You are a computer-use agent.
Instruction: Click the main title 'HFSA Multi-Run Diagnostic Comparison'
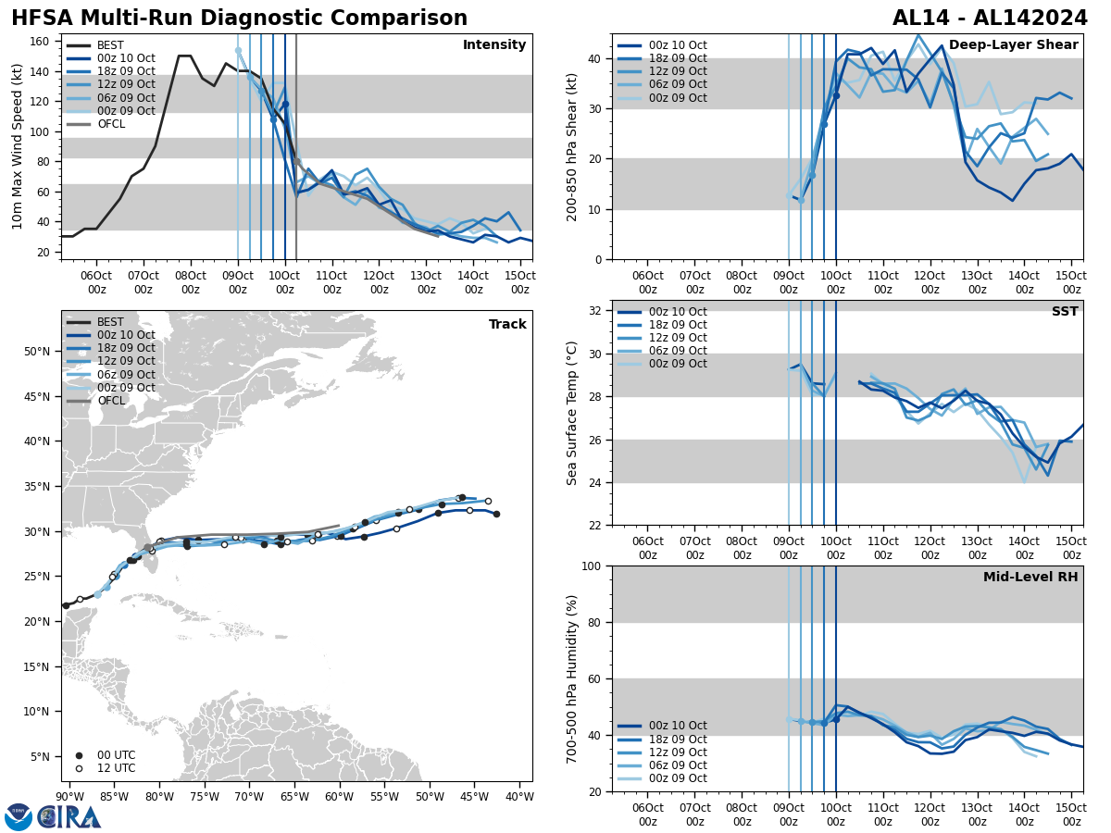coord(239,19)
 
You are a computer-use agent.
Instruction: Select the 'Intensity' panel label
coord(494,45)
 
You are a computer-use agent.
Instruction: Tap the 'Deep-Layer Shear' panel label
coord(1013,45)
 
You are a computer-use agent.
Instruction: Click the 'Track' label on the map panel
coord(507,325)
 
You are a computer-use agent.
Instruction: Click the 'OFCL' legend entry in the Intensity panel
coord(111,124)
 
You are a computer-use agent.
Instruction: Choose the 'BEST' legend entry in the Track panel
coord(110,322)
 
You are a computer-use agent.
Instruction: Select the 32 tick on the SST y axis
coord(597,311)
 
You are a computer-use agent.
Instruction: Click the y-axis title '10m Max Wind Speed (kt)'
coord(18,146)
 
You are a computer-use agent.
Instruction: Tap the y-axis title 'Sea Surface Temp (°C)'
coord(572,413)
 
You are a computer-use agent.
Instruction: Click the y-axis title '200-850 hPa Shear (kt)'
coord(572,146)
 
